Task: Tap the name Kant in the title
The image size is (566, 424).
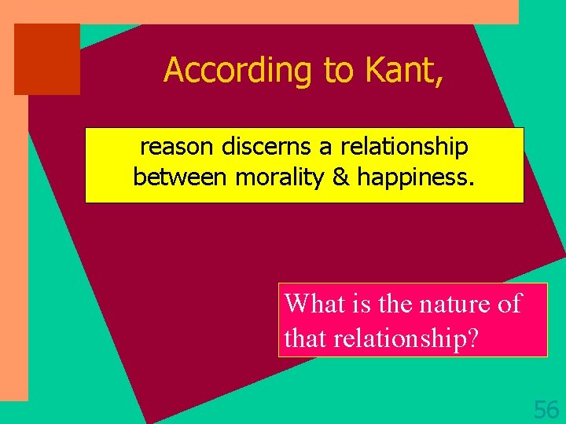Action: (404, 71)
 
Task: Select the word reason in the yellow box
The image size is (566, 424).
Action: (177, 146)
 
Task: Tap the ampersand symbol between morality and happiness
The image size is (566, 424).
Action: (341, 177)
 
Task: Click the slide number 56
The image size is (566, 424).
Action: (546, 409)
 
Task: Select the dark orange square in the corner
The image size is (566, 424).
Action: (47, 59)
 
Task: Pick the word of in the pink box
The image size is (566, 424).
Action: (509, 303)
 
